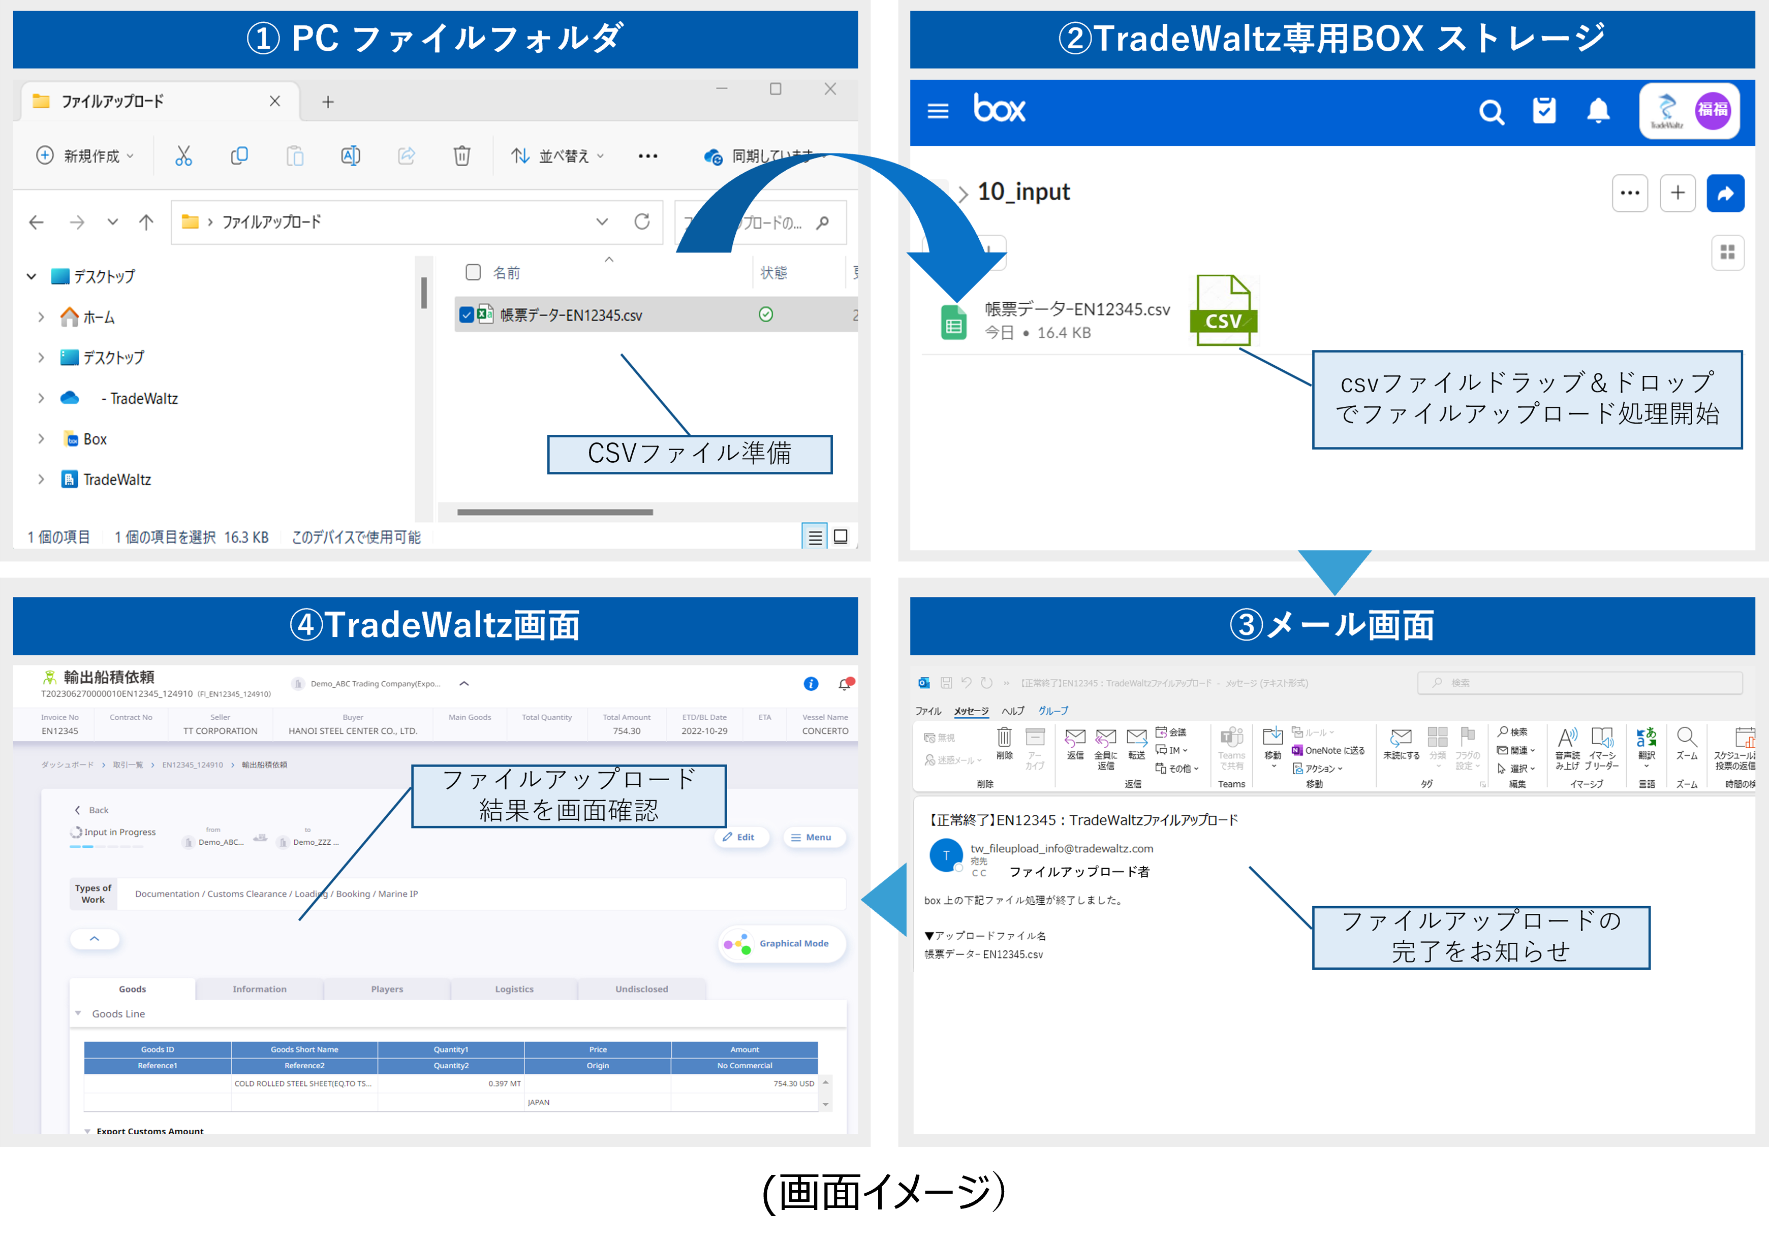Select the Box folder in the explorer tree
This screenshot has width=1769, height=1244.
coord(95,439)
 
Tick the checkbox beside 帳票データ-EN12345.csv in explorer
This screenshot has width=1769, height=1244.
coord(466,315)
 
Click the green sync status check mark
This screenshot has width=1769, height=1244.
coord(765,314)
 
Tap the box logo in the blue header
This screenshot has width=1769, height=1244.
coord(999,109)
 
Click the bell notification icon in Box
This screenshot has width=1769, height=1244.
coord(1598,111)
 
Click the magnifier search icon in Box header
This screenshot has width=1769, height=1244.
coord(1491,112)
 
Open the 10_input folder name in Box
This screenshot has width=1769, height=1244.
coord(1023,192)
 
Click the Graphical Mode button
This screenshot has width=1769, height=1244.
coord(783,944)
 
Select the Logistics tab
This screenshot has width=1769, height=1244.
coord(514,989)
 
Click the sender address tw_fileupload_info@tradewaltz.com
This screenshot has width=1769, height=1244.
coord(1061,848)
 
